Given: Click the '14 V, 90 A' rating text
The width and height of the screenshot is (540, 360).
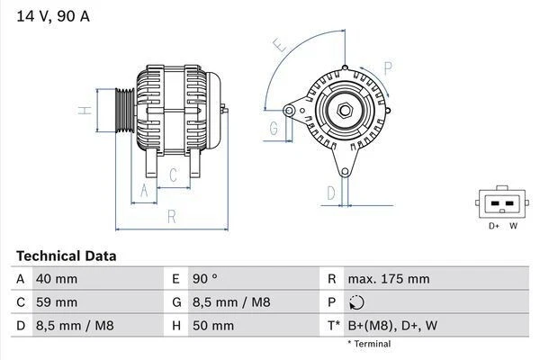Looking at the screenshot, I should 52,16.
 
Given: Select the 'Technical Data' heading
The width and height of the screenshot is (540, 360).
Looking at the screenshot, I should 66,256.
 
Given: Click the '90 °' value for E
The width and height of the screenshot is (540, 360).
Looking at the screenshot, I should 205,279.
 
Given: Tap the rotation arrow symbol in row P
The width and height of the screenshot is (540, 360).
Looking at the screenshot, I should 357,302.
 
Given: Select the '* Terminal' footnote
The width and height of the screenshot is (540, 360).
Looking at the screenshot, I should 369,344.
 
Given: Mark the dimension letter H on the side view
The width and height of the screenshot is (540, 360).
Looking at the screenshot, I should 82,111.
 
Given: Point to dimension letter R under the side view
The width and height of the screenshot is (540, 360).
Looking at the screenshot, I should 170,216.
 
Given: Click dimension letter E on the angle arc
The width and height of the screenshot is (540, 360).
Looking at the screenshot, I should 279,44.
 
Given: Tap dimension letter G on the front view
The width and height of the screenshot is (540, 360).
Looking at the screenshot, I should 273,128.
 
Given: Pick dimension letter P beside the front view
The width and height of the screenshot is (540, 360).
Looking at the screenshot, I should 387,67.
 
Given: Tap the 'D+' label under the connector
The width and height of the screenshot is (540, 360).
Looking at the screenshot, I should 494,226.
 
